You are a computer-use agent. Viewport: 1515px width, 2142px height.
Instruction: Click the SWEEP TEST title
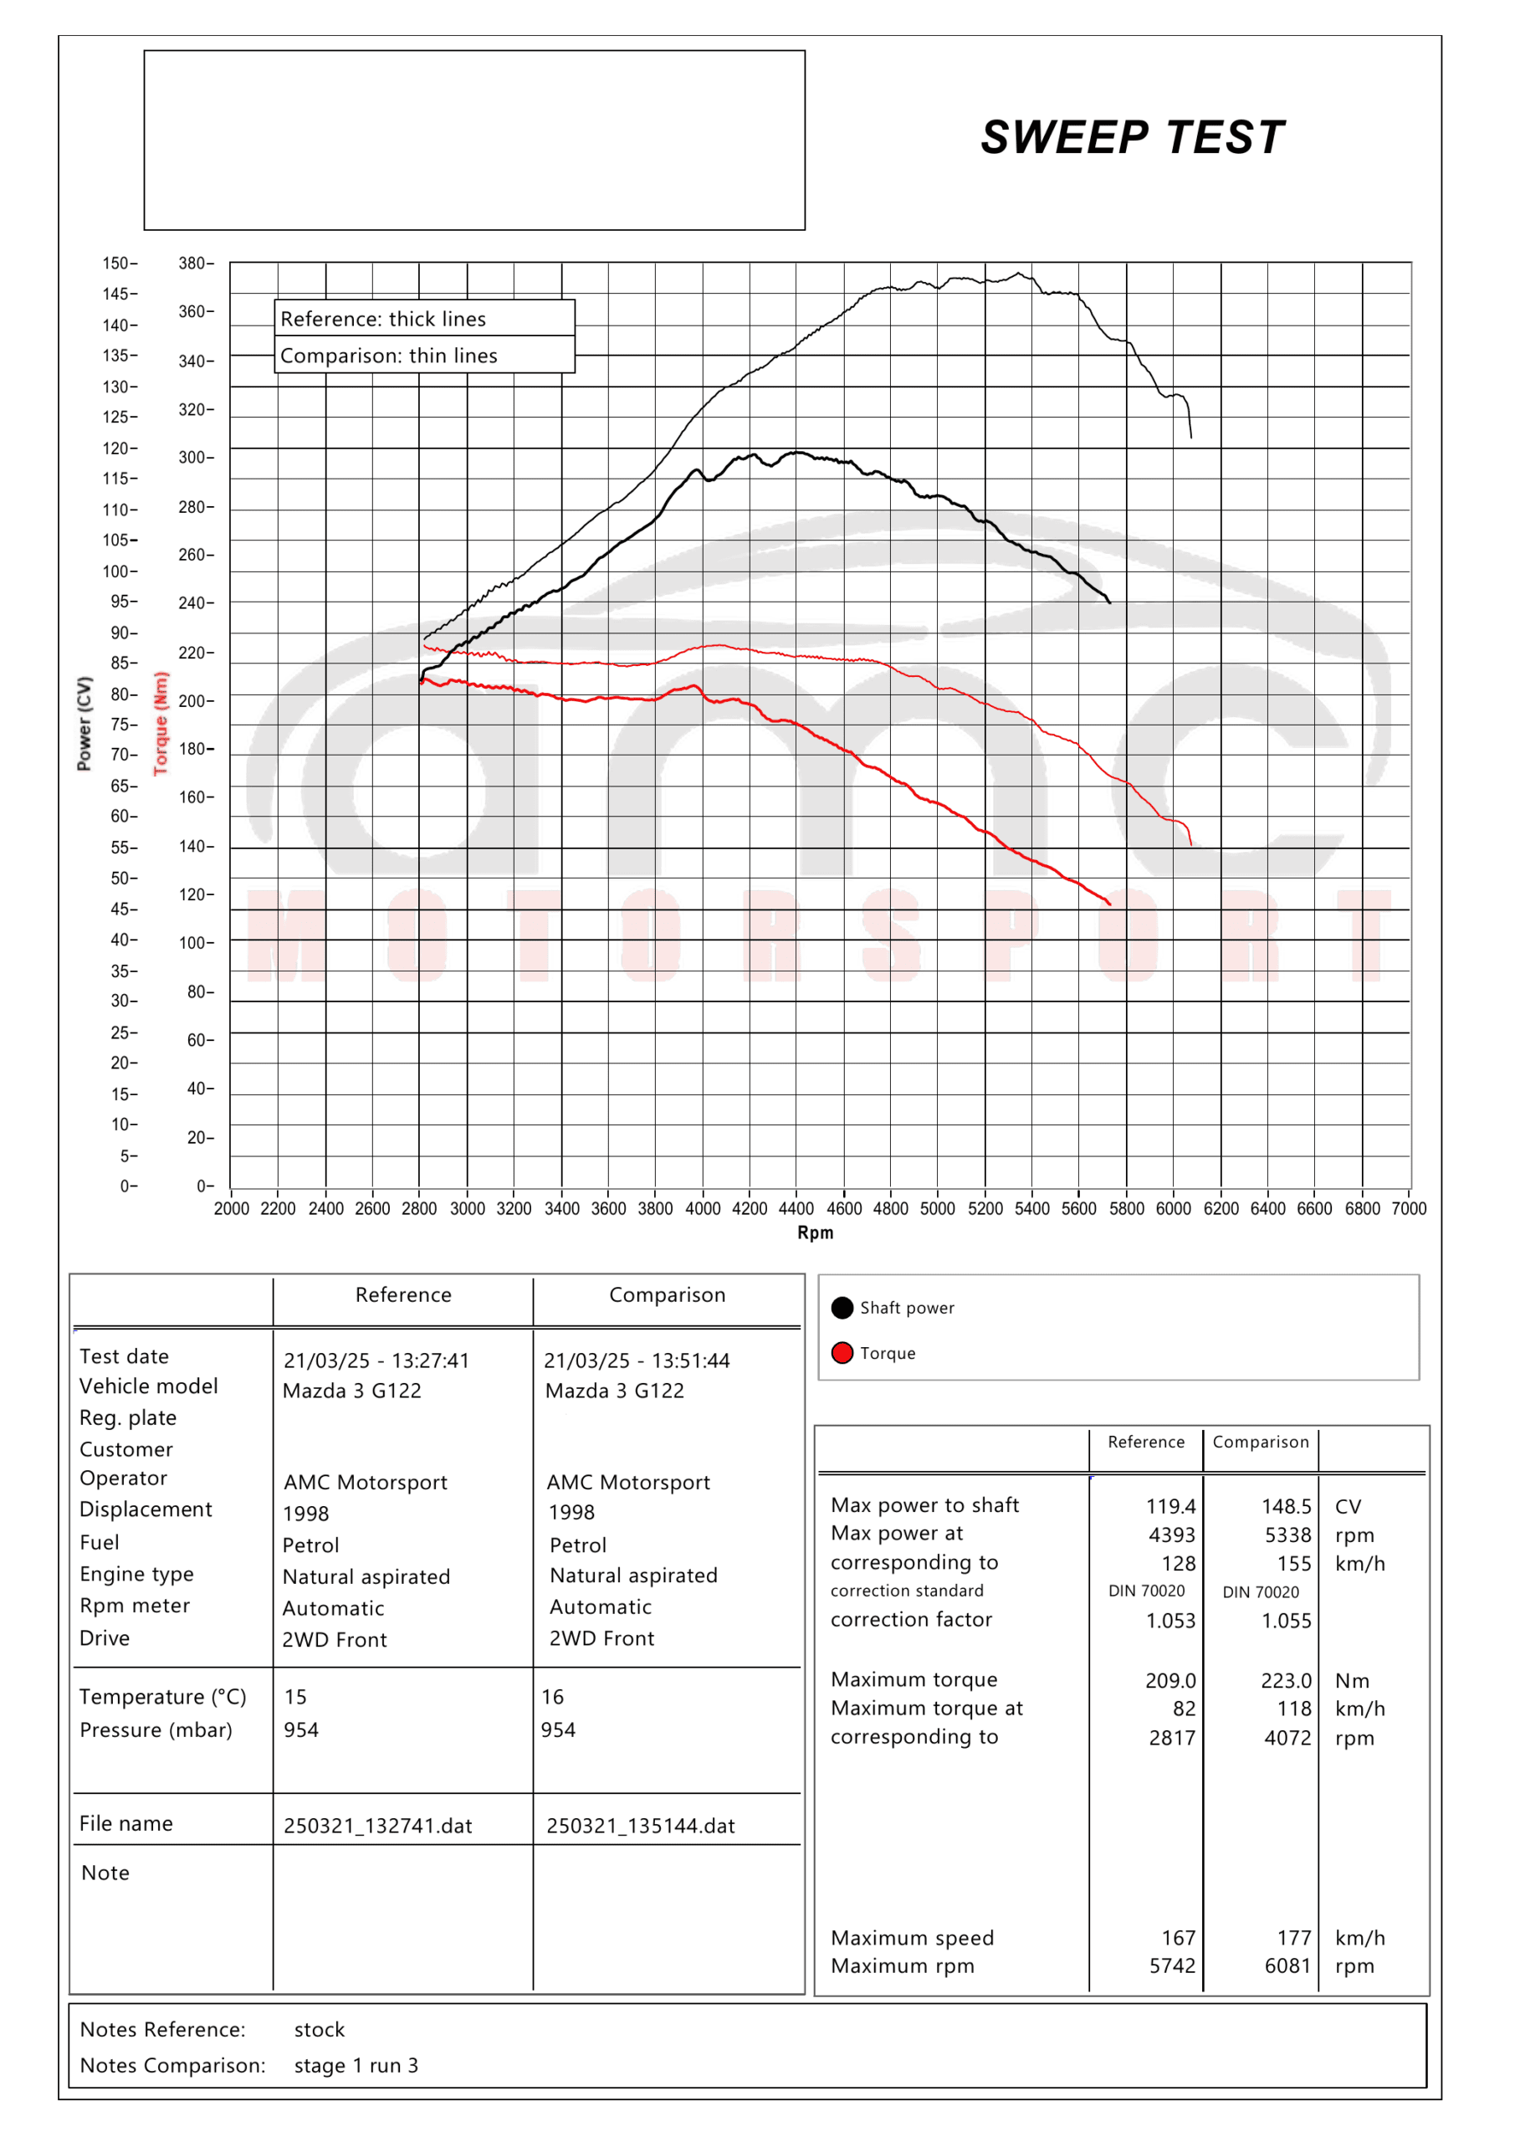[x=1132, y=138]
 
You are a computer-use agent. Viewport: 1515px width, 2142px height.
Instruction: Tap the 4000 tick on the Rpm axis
[x=703, y=1208]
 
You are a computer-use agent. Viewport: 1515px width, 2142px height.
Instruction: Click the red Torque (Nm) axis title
[x=161, y=723]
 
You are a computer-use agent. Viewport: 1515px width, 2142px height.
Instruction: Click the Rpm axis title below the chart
[x=815, y=1232]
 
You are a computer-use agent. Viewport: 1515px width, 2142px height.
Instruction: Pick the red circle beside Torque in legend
[x=842, y=1353]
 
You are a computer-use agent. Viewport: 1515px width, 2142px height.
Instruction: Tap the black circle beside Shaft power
[x=842, y=1307]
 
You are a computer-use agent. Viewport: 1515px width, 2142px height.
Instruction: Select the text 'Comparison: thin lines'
[x=388, y=356]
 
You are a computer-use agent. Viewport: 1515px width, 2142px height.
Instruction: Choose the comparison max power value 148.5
[x=1286, y=1506]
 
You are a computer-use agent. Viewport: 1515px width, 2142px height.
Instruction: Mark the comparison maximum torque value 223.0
[x=1286, y=1680]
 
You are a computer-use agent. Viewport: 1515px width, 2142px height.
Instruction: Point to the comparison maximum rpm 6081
[x=1287, y=1965]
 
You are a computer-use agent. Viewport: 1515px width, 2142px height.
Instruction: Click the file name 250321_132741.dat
[x=378, y=1826]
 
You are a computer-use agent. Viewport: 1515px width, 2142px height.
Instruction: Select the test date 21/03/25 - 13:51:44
[x=637, y=1361]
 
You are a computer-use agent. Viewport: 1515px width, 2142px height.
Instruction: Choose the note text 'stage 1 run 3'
[x=356, y=2066]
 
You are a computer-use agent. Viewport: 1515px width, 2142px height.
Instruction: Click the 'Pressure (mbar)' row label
[x=156, y=1729]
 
